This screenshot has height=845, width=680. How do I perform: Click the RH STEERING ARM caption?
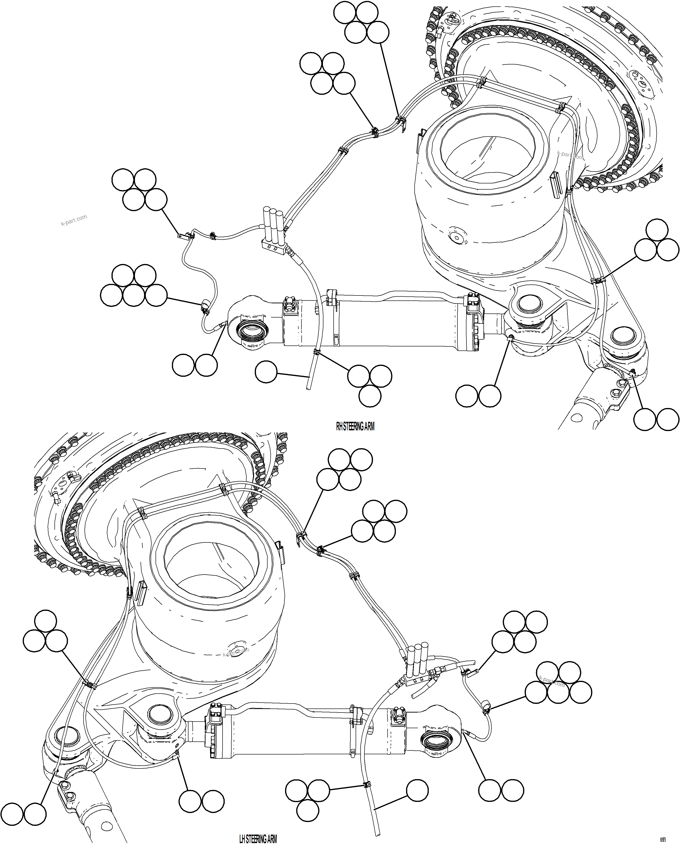click(x=355, y=427)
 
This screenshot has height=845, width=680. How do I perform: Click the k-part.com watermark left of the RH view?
click(x=74, y=220)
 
